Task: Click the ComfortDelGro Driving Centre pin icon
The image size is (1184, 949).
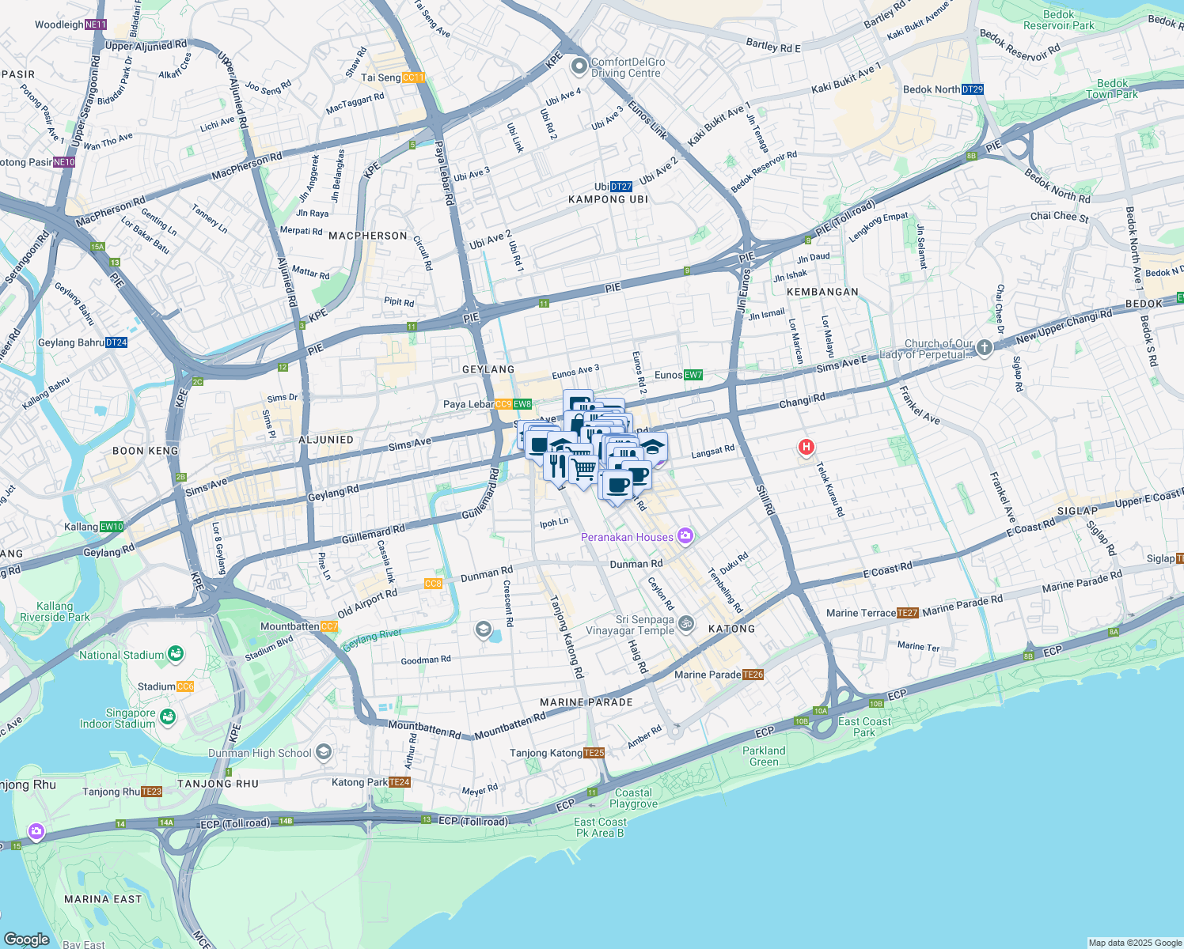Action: tap(579, 66)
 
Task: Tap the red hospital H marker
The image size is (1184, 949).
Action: tap(806, 448)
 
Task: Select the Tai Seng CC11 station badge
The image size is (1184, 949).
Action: tap(414, 78)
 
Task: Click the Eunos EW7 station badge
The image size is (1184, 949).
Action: tap(693, 375)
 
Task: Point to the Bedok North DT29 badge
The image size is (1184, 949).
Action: tap(973, 89)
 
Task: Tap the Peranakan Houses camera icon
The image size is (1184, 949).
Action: tap(685, 537)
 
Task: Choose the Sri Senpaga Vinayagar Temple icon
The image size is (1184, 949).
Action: tap(687, 624)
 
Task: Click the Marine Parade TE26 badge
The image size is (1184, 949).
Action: tap(753, 675)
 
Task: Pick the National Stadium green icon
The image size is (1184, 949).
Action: tap(176, 654)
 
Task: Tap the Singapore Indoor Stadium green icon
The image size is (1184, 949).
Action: tap(167, 717)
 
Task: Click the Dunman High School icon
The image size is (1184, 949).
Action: tap(323, 752)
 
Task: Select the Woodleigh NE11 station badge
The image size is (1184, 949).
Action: tap(95, 25)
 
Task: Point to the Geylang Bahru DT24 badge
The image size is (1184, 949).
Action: tap(116, 342)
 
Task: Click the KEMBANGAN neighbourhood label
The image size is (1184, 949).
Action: tap(823, 292)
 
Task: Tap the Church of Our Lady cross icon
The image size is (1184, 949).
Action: tap(984, 348)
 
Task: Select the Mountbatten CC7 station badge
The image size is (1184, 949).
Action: tap(329, 626)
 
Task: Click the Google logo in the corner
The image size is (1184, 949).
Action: tap(27, 939)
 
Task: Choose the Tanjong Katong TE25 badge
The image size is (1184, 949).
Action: tap(594, 753)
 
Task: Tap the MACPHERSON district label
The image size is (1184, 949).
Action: tap(368, 236)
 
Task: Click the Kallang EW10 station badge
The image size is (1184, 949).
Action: tap(112, 527)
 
